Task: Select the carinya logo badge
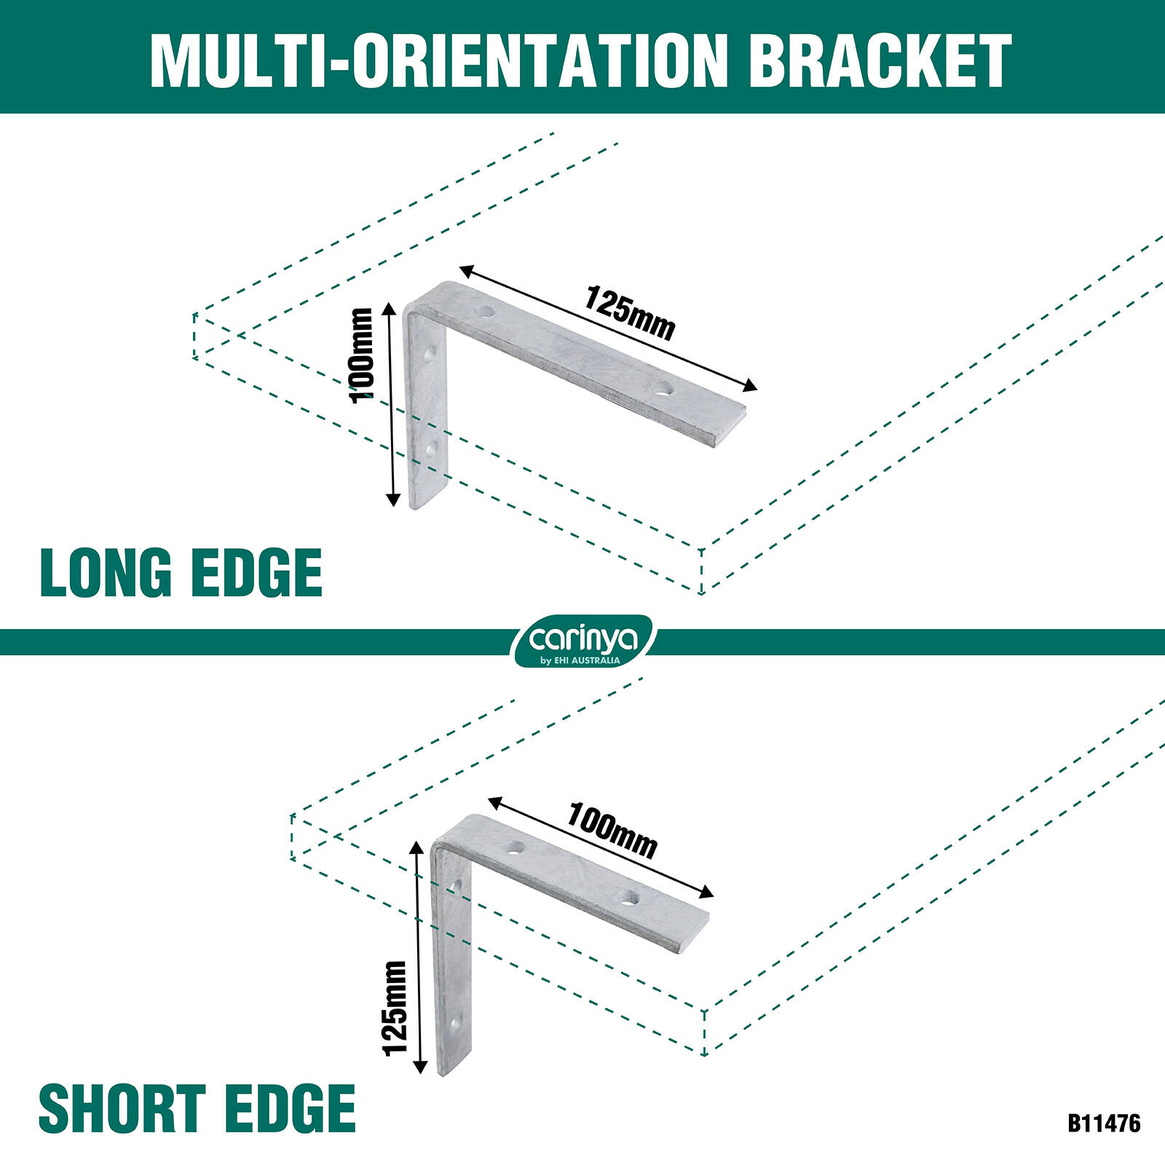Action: point(583,641)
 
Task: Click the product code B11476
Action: point(1104,1123)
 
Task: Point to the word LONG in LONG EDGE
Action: point(106,573)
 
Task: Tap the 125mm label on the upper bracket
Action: point(630,314)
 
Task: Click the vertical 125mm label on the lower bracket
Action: point(395,1008)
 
